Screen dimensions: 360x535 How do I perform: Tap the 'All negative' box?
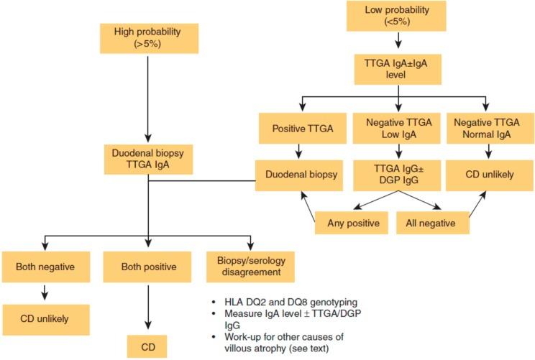click(x=433, y=223)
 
